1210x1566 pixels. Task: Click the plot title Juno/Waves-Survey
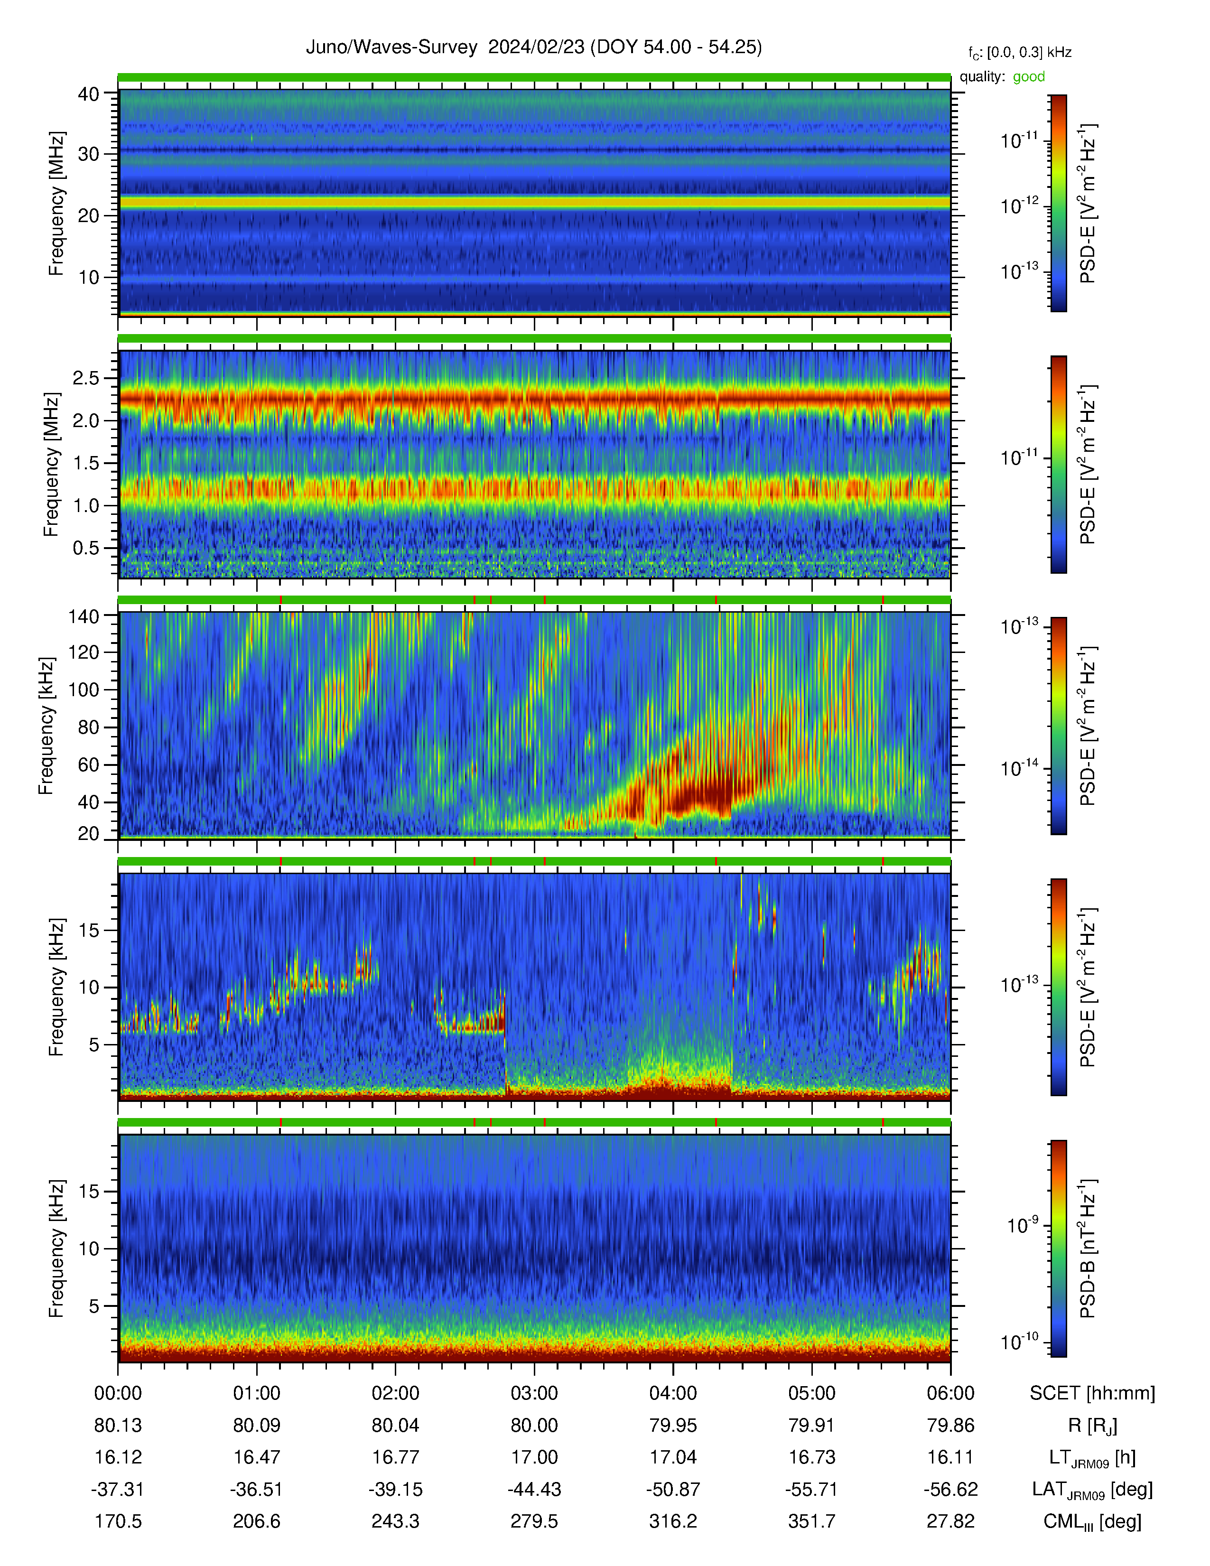pos(391,47)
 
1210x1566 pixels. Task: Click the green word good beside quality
pos(1029,77)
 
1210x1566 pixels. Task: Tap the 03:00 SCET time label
pos(534,1393)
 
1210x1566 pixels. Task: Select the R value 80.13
pos(118,1426)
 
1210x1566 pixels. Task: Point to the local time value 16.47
pos(257,1457)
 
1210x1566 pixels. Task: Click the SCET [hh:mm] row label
pos(1092,1393)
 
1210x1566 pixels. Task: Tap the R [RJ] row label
pos(1092,1426)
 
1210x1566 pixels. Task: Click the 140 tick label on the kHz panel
pos(83,616)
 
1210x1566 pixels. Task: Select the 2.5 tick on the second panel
pos(85,378)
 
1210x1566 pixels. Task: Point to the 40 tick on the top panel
pos(89,94)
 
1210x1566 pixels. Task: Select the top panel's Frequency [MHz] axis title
pos(56,204)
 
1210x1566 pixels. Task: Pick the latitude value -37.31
pos(118,1489)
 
